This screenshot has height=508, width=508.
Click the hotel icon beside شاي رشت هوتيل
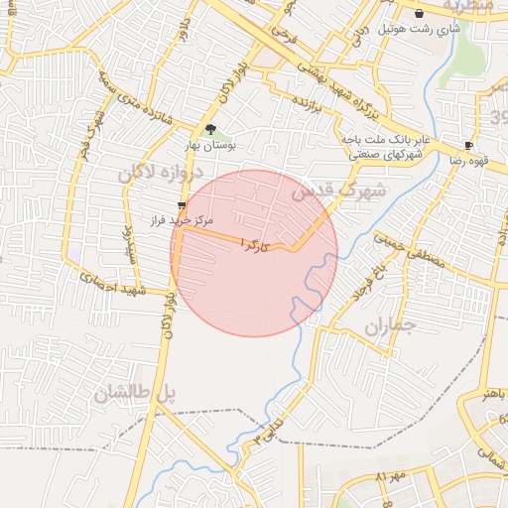pyautogui.click(x=420, y=13)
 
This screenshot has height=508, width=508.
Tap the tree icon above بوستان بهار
pyautogui.click(x=209, y=128)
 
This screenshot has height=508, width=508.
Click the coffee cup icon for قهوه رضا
pyautogui.click(x=468, y=145)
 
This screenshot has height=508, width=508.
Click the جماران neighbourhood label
pyautogui.click(x=387, y=327)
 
